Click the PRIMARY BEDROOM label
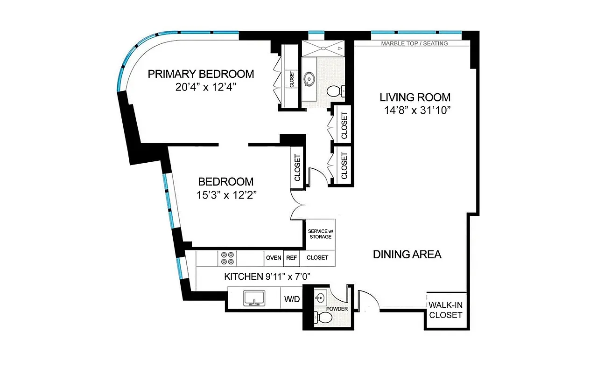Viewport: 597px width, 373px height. (x=201, y=74)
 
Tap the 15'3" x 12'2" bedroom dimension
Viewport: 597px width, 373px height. (x=227, y=195)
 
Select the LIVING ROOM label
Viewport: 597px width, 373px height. (x=414, y=97)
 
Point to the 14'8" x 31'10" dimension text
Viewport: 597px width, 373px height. (x=414, y=111)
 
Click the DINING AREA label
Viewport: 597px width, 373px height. (x=407, y=255)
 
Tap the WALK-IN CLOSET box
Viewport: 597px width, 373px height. (x=445, y=310)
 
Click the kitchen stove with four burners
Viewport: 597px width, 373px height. (x=228, y=258)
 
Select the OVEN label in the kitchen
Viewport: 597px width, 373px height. (x=273, y=258)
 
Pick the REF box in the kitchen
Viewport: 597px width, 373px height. (x=291, y=258)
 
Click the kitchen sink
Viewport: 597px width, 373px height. (x=254, y=298)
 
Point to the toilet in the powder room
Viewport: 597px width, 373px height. (x=324, y=318)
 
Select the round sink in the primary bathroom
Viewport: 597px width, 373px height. (x=309, y=80)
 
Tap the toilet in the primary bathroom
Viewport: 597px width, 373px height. (x=335, y=90)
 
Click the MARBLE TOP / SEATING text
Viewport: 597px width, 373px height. (x=414, y=43)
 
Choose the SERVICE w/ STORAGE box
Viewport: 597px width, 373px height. (x=320, y=234)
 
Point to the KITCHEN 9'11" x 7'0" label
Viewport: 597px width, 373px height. (x=267, y=276)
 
